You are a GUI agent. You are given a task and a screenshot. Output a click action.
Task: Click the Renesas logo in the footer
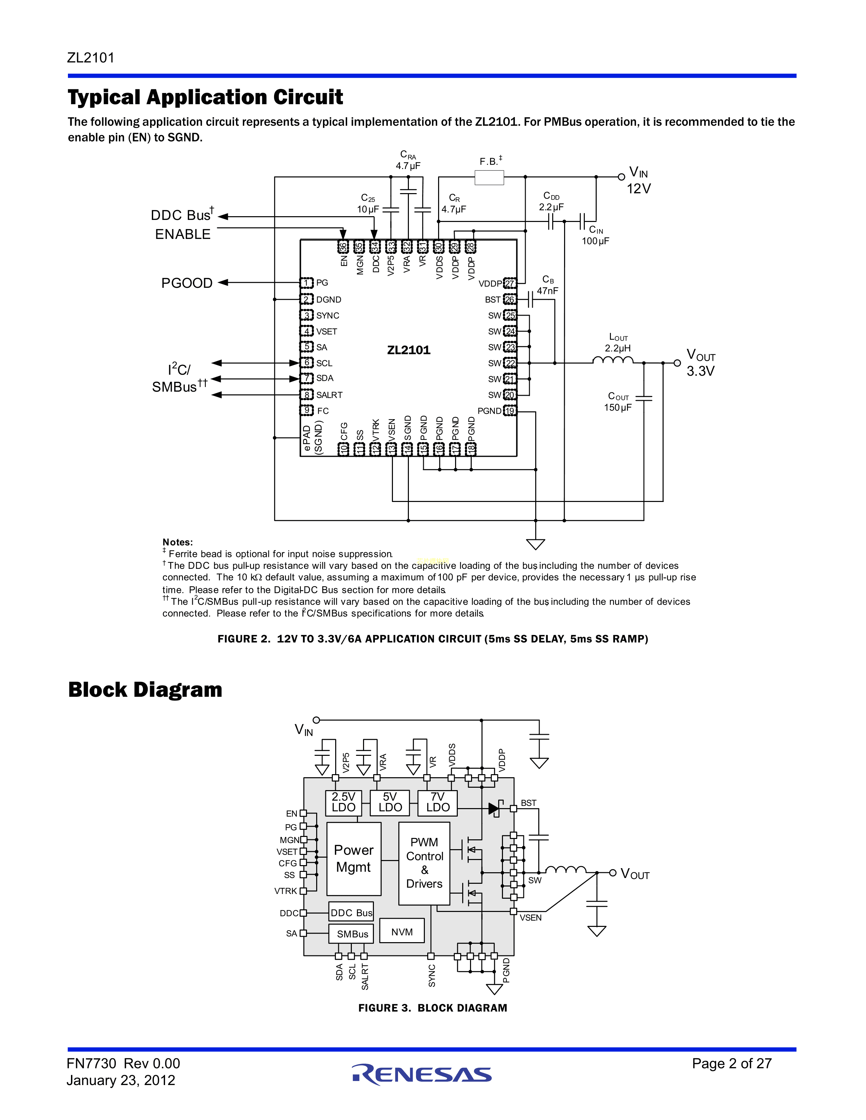pos(422,1074)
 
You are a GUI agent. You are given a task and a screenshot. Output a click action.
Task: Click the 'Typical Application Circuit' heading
pos(205,97)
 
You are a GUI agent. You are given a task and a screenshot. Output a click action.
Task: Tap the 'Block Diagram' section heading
pos(145,690)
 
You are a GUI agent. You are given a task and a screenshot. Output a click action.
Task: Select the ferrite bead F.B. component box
pos(489,178)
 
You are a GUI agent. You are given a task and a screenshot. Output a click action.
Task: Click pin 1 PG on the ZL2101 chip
pos(307,283)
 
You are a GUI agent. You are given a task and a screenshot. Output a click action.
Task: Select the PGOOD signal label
pos(187,283)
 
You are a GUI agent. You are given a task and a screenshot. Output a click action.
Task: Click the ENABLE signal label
pos(183,235)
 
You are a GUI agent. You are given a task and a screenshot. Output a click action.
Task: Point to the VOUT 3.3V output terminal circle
pos(677,363)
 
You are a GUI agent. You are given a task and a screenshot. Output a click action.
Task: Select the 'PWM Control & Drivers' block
pos(424,863)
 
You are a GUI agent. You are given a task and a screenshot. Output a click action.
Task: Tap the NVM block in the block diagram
pos(402,932)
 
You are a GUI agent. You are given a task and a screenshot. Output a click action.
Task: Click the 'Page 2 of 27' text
pos(732,1064)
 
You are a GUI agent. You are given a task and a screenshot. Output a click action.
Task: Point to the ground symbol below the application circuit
pos(536,544)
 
